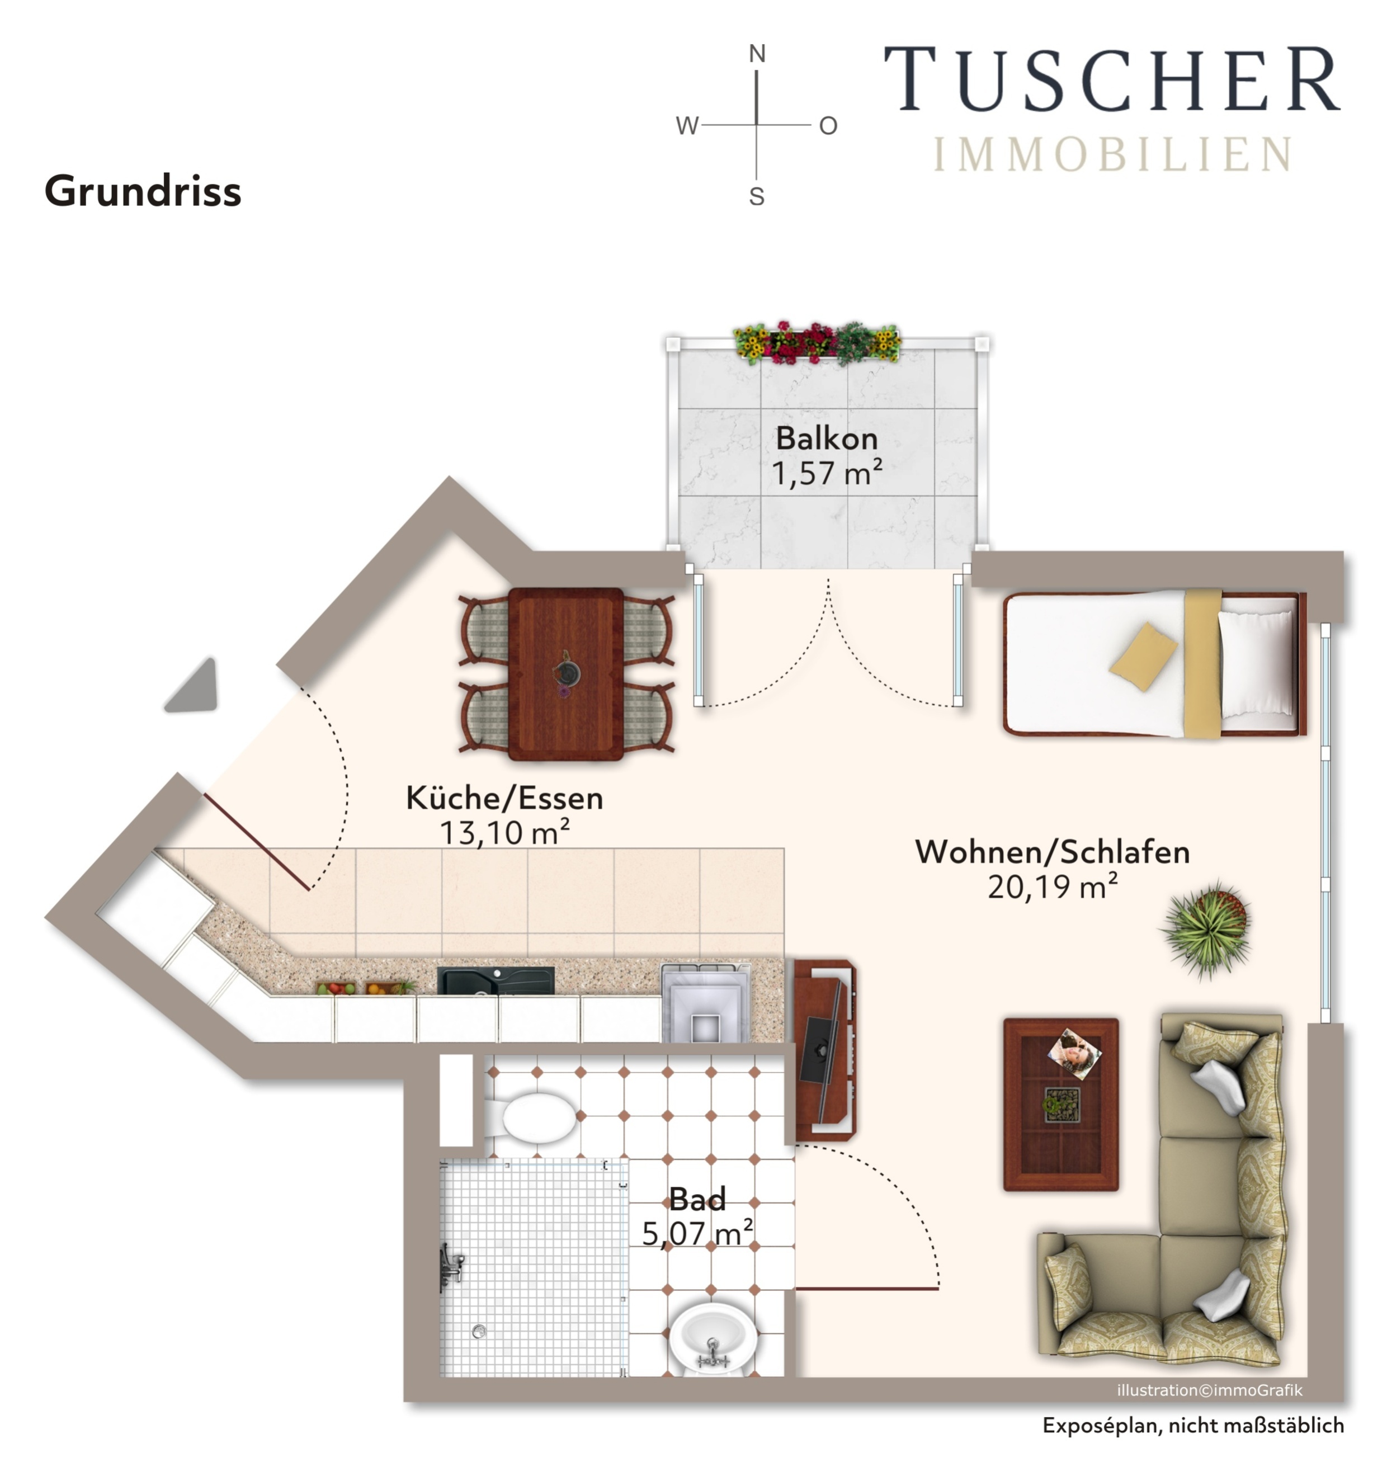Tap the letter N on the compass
point(757,54)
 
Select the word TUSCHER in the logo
point(1112,78)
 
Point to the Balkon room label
point(827,438)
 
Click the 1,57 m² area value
point(827,472)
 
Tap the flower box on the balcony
point(817,343)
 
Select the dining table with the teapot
point(566,673)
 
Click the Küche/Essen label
point(504,799)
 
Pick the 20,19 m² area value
point(1053,886)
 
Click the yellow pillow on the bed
point(1143,656)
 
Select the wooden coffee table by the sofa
point(1061,1104)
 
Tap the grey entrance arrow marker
point(193,686)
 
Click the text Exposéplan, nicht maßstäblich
point(1193,1425)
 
